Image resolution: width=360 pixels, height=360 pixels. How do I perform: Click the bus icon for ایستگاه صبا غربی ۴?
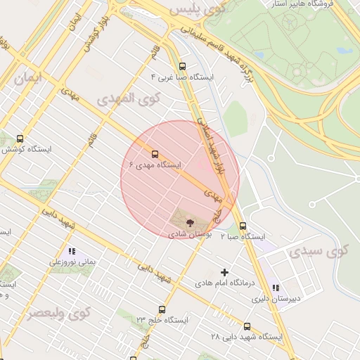click(183, 65)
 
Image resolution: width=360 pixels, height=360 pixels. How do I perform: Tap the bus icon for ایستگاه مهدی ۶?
click(155, 154)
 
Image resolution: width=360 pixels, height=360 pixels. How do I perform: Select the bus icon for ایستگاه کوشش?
click(19, 139)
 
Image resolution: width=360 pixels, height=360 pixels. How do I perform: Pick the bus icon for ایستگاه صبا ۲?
click(243, 226)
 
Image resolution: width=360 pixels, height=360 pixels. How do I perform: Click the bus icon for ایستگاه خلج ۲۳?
click(162, 309)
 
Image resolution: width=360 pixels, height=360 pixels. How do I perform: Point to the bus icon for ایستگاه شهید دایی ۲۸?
click(247, 326)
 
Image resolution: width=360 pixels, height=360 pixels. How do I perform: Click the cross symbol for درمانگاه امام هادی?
click(225, 272)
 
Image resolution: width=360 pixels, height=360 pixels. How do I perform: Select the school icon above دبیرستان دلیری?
click(276, 288)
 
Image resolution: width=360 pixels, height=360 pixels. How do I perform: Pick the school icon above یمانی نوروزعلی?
click(71, 250)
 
